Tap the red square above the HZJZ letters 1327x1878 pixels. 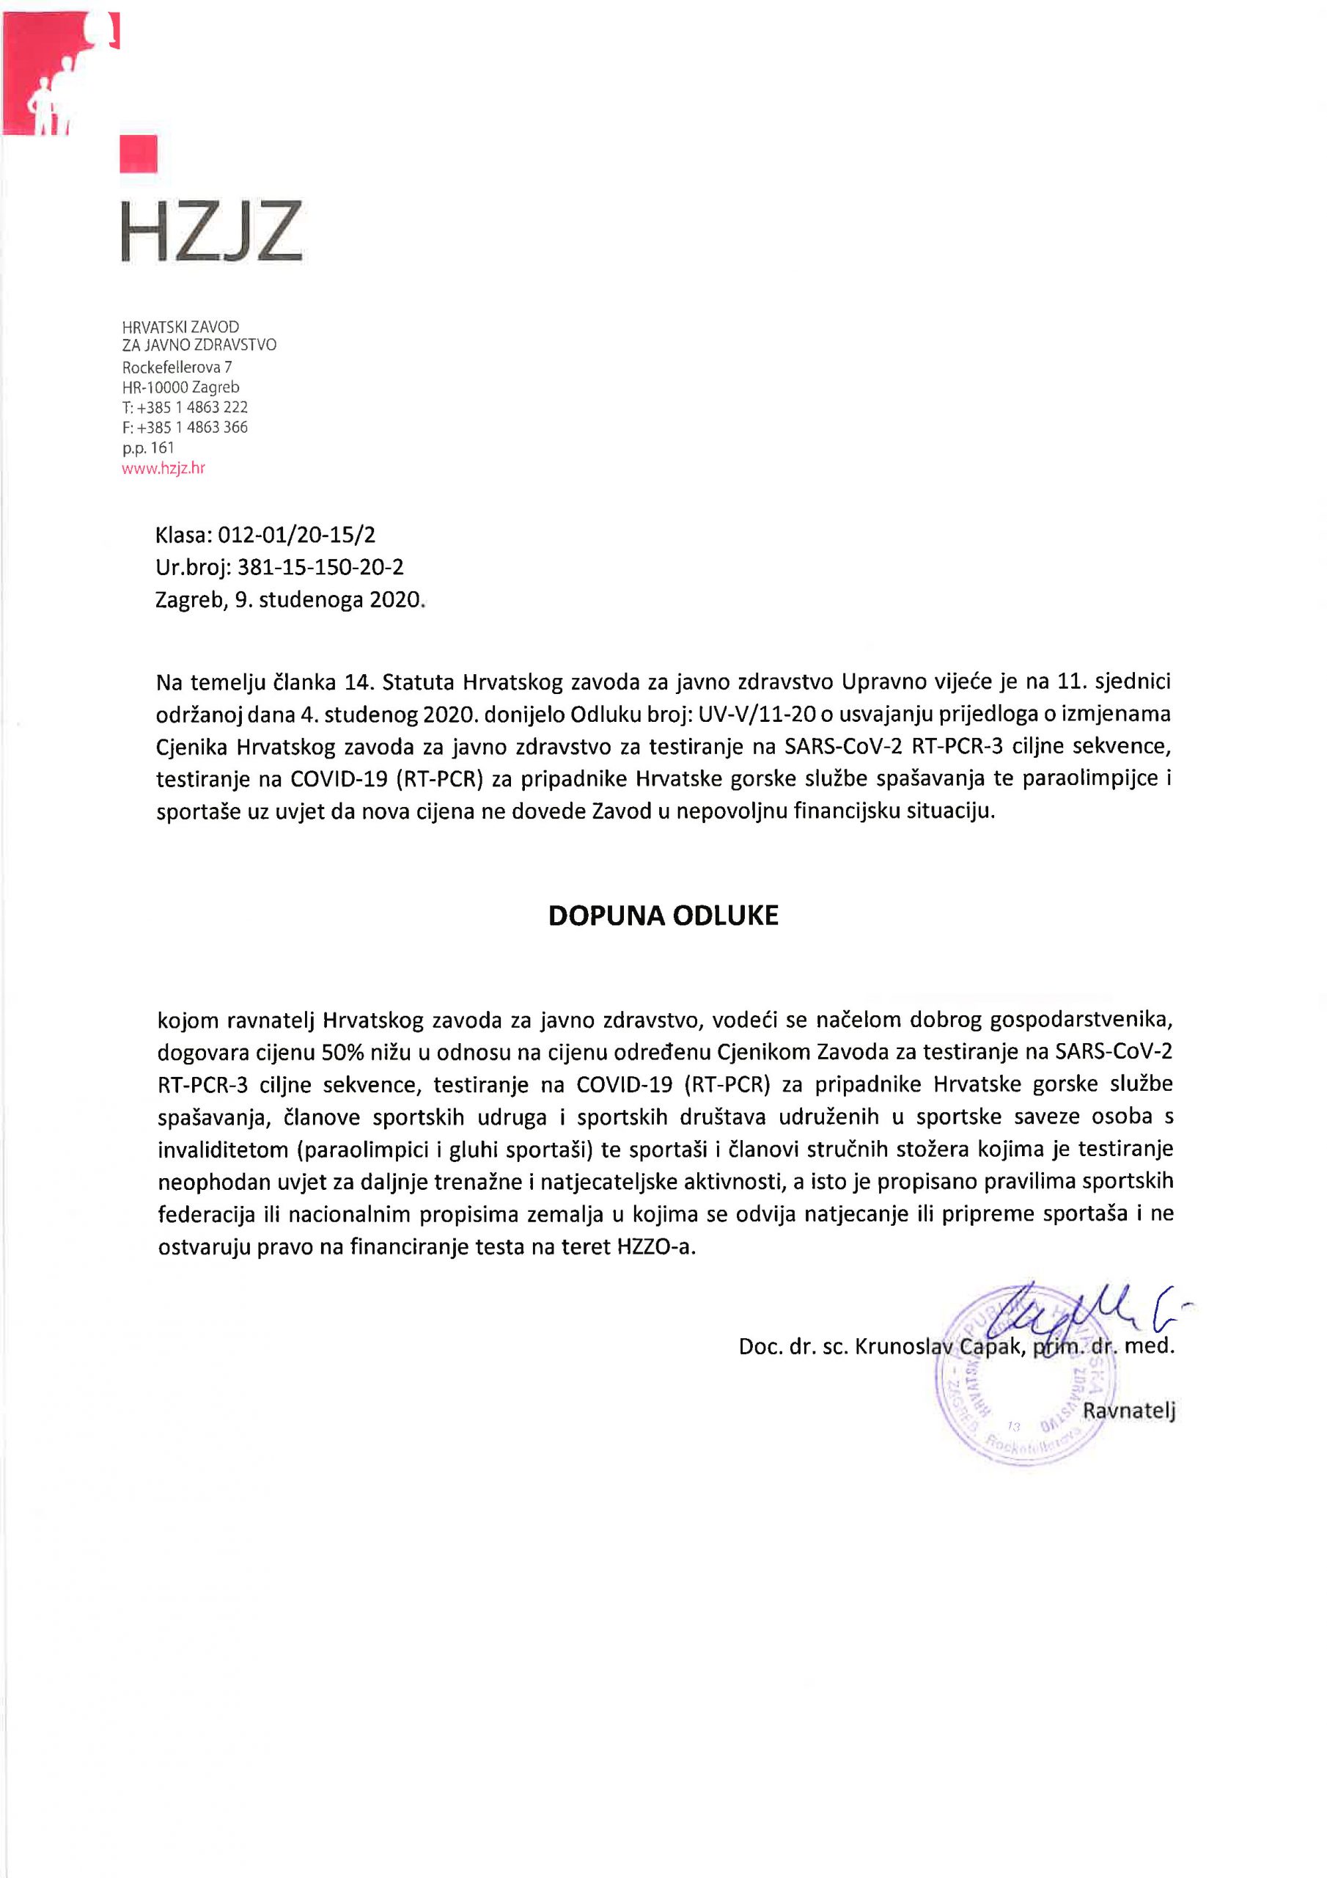click(138, 155)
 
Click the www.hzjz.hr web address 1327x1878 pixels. click(163, 469)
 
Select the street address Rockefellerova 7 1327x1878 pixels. click(177, 367)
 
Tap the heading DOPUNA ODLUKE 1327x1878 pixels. click(663, 916)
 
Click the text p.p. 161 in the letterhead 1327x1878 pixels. click(148, 447)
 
